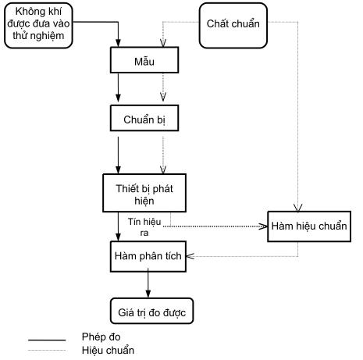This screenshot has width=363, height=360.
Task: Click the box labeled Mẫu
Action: pyautogui.click(x=144, y=60)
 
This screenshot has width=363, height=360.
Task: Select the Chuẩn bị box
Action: pyautogui.click(x=144, y=118)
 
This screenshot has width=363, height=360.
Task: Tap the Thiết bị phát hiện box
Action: pyautogui.click(x=144, y=193)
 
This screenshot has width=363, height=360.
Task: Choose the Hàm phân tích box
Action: pyautogui.click(x=148, y=257)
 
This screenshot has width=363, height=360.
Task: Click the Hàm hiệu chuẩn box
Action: pyautogui.click(x=309, y=226)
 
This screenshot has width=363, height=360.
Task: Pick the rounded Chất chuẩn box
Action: pyautogui.click(x=233, y=26)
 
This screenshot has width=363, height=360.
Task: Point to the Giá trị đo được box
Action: pyautogui.click(x=152, y=311)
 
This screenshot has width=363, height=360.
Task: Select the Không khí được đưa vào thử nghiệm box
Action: pyautogui.click(x=38, y=26)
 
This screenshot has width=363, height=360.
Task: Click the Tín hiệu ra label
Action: pyautogui.click(x=144, y=227)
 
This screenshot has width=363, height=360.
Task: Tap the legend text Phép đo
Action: pyautogui.click(x=101, y=337)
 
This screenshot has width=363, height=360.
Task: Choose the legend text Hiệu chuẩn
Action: pyautogui.click(x=108, y=350)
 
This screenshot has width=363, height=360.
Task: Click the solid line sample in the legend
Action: pyautogui.click(x=47, y=340)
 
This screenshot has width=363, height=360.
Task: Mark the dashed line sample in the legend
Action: pyautogui.click(x=47, y=351)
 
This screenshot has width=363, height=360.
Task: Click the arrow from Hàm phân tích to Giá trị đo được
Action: pyautogui.click(x=148, y=283)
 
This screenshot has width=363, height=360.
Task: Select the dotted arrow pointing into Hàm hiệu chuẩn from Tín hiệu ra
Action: pyautogui.click(x=215, y=226)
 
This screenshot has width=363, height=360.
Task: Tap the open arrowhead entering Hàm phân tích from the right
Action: pyautogui.click(x=190, y=256)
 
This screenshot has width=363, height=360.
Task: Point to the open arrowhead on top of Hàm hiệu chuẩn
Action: pyautogui.click(x=298, y=208)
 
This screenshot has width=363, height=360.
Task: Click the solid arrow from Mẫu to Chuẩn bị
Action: pyautogui.click(x=118, y=87)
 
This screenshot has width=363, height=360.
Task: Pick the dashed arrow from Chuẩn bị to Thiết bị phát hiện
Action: pyautogui.click(x=163, y=155)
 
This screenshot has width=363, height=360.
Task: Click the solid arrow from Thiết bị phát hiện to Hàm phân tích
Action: pyautogui.click(x=118, y=226)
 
